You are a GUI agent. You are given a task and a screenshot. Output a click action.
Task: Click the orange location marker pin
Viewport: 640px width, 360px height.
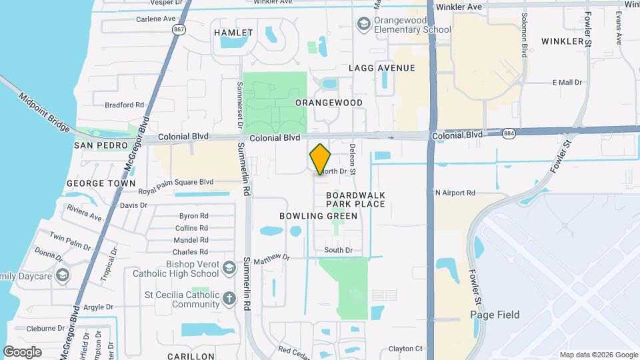[321, 159]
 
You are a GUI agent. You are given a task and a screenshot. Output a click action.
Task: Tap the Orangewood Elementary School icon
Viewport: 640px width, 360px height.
[363, 25]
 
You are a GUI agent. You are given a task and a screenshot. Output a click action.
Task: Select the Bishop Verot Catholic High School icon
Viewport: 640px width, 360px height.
[229, 267]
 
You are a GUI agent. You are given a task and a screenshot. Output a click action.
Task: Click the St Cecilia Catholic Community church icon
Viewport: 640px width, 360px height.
[229, 298]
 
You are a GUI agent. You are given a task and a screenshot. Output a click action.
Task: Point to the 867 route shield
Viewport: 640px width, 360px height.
[178, 30]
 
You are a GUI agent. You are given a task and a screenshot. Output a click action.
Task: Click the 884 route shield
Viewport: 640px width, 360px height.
[510, 134]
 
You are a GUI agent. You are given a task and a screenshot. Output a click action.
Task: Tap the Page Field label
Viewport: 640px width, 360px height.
[495, 315]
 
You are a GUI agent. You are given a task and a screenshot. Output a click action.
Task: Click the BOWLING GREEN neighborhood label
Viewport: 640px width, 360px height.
[319, 216]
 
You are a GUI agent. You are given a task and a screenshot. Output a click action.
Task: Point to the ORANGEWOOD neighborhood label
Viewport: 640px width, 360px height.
[329, 103]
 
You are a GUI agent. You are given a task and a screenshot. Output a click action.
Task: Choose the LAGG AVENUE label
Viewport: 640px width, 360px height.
[382, 68]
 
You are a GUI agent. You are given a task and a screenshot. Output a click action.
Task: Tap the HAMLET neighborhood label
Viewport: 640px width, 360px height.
[233, 33]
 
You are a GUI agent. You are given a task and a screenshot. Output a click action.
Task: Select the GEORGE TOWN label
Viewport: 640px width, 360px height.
[101, 183]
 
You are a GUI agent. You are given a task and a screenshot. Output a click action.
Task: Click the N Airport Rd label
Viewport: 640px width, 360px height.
[455, 193]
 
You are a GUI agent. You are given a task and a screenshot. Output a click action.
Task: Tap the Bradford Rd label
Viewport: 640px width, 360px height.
[125, 105]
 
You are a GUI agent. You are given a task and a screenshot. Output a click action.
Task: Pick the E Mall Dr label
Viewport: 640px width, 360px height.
[567, 83]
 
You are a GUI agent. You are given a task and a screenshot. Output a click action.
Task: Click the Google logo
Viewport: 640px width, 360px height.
[22, 352]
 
